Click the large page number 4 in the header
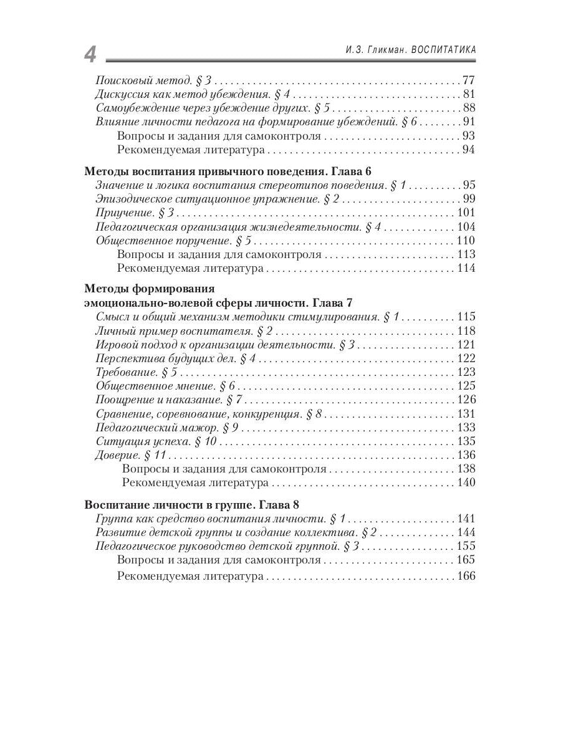90,55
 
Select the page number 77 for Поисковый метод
469,80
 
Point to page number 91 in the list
469,122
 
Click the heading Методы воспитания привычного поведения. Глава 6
228,171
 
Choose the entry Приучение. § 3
133,213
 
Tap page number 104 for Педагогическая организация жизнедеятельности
466,227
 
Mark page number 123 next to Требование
466,373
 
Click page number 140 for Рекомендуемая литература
466,482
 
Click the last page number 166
466,577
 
